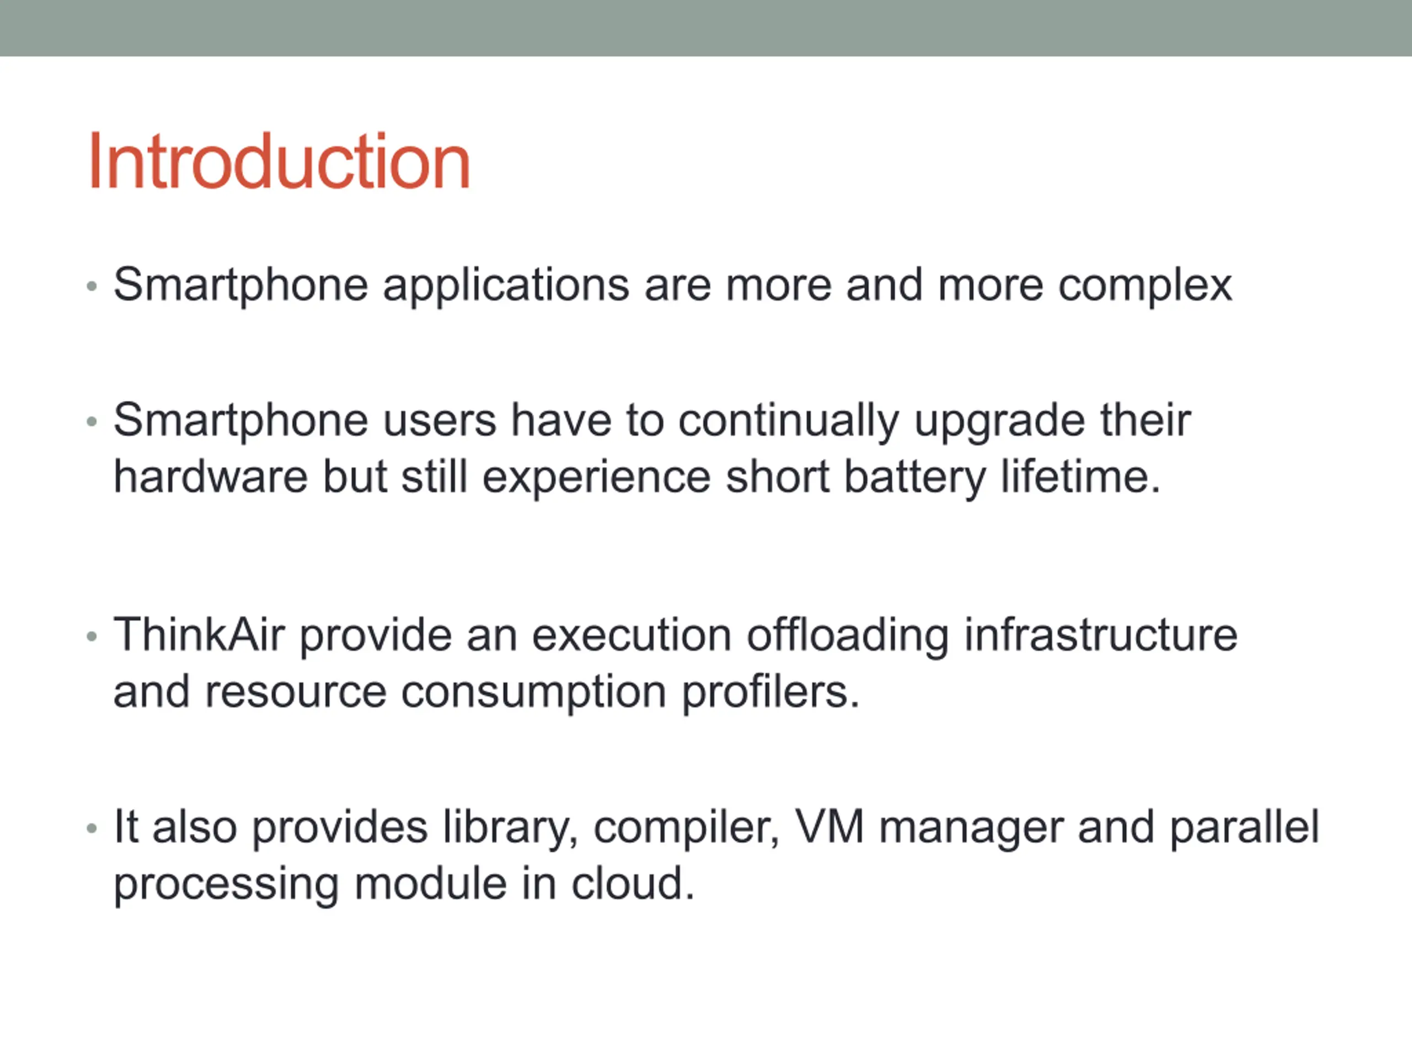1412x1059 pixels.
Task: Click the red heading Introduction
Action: [x=280, y=161]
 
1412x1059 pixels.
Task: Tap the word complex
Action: [x=1145, y=286]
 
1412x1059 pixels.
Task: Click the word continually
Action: [x=788, y=422]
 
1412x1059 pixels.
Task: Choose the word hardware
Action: [x=211, y=477]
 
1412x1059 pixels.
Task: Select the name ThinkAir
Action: [x=199, y=635]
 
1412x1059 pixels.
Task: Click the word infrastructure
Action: [x=1100, y=635]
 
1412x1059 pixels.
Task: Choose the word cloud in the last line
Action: [x=633, y=884]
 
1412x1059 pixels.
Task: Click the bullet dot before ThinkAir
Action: [x=92, y=637]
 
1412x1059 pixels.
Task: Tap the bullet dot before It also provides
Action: [x=92, y=829]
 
